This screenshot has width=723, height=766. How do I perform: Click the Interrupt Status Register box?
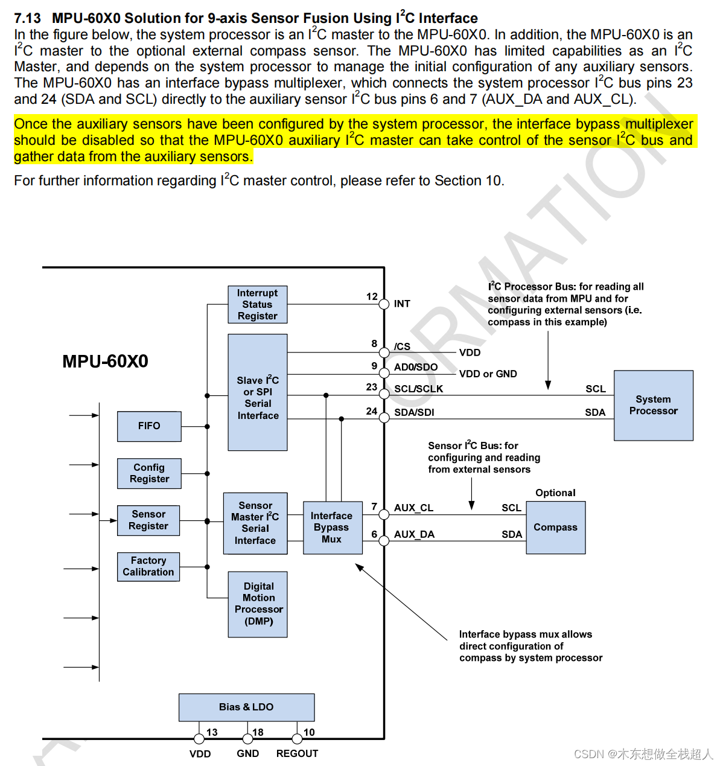pyautogui.click(x=258, y=304)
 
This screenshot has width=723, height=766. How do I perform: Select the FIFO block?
pyautogui.click(x=149, y=426)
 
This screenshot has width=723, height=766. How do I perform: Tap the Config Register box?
pyautogui.click(x=149, y=473)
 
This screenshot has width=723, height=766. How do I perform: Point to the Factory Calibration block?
pyautogui.click(x=148, y=567)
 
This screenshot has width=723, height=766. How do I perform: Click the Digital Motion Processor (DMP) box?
pyautogui.click(x=258, y=604)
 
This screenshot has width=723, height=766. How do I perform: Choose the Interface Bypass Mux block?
pyautogui.click(x=332, y=528)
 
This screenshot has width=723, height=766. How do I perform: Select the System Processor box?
pyautogui.click(x=653, y=405)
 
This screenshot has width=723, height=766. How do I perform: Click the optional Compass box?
pyautogui.click(x=555, y=528)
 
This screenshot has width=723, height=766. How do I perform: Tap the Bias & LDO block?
pyautogui.click(x=246, y=707)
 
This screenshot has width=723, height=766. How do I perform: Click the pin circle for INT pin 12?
pyautogui.click(x=384, y=304)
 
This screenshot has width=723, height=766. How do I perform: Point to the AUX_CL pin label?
pyautogui.click(x=413, y=508)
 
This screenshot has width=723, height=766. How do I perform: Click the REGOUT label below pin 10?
pyautogui.click(x=297, y=754)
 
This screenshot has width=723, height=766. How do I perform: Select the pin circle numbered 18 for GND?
pyautogui.click(x=247, y=739)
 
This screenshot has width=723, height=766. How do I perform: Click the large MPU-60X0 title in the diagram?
pyautogui.click(x=105, y=362)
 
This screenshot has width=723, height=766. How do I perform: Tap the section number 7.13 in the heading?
pyautogui.click(x=28, y=19)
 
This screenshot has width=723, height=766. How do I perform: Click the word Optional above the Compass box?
pyautogui.click(x=555, y=493)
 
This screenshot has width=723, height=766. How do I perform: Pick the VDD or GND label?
pyautogui.click(x=488, y=374)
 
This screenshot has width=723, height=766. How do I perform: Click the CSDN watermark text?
pyautogui.click(x=643, y=755)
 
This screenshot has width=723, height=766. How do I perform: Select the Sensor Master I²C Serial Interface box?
pyautogui.click(x=255, y=523)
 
